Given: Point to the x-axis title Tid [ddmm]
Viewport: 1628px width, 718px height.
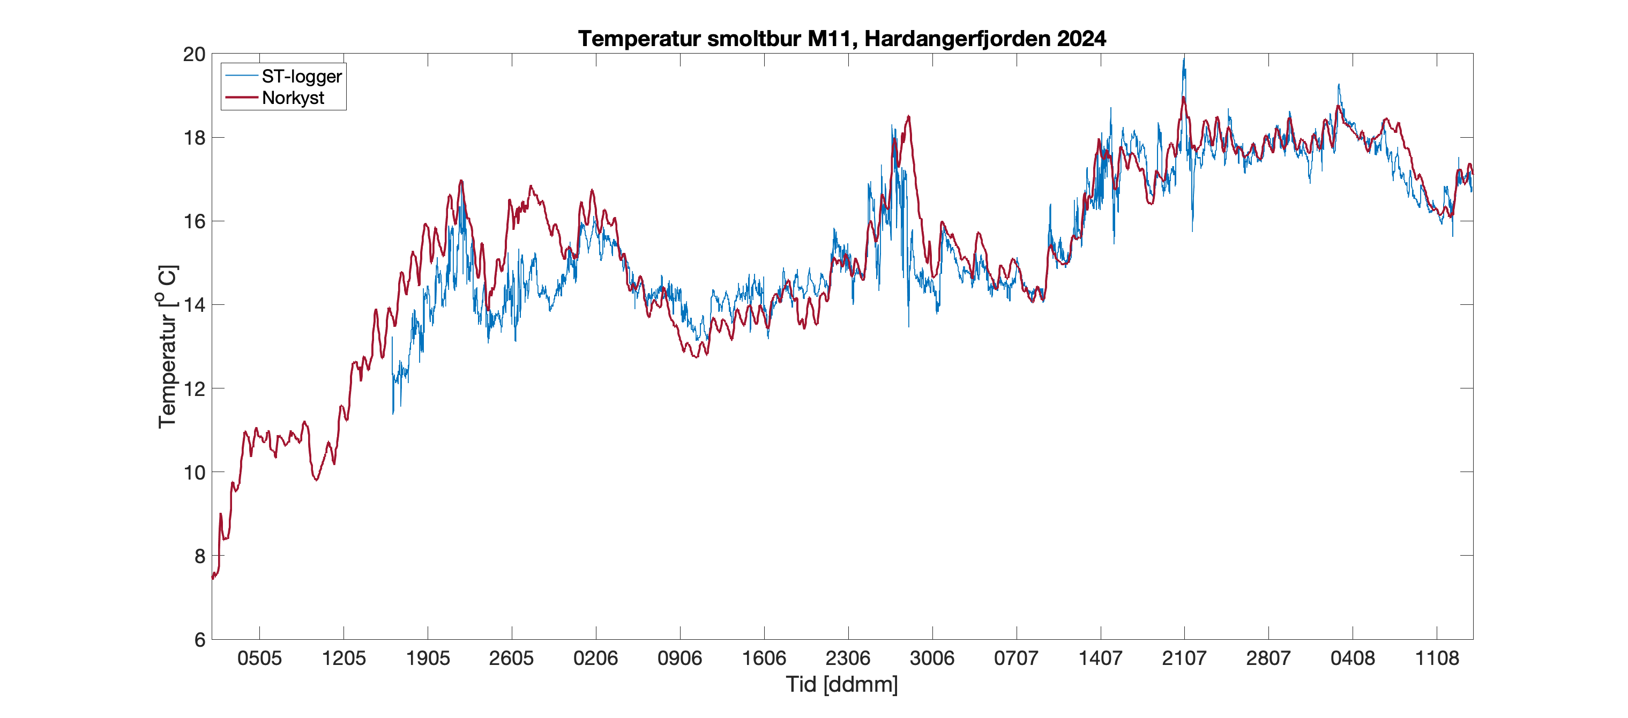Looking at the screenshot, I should (842, 684).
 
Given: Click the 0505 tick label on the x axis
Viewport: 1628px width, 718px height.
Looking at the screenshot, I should (259, 659).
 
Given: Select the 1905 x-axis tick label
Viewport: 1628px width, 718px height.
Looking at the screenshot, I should (428, 659).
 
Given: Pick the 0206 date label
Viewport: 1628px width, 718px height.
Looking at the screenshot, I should (595, 659).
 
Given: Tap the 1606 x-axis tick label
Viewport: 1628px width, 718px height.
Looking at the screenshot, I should (764, 659).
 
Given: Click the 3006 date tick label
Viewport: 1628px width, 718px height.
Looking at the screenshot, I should (932, 659).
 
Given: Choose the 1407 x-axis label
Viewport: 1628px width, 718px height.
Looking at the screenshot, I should (1100, 659).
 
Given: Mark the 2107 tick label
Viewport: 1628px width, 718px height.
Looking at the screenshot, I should (1184, 659).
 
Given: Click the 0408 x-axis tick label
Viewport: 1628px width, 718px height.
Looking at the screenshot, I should (1353, 659).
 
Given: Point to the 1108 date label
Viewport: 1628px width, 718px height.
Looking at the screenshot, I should (1437, 659).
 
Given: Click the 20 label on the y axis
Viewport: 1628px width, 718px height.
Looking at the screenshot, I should (195, 54).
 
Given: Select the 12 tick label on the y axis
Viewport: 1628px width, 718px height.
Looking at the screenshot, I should (195, 388).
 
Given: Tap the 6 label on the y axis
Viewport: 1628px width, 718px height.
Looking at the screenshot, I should (200, 640).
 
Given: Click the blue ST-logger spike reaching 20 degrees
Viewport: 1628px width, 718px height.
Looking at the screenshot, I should (1184, 59).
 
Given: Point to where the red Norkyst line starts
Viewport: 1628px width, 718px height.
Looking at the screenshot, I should (213, 577).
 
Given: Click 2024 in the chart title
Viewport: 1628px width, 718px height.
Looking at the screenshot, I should (1081, 39).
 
